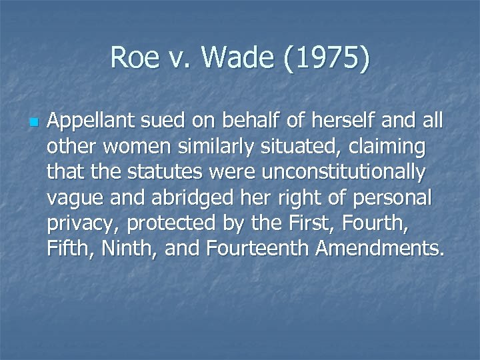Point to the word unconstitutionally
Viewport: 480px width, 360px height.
click(343, 173)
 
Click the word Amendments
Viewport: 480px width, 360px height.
click(380, 249)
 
